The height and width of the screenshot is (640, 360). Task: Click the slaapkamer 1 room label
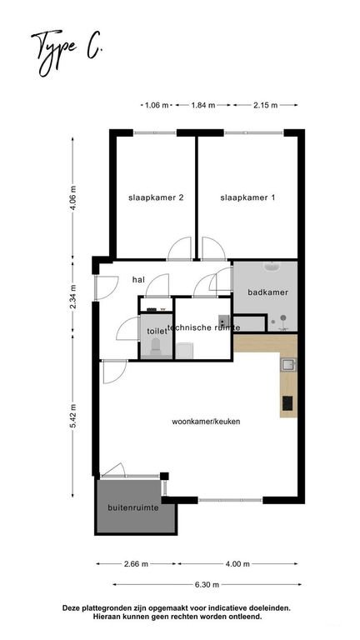tap(247, 198)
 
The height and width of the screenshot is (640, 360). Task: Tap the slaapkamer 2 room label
tap(156, 198)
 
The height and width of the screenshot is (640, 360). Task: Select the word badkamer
tap(268, 292)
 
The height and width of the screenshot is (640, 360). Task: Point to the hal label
tap(139, 280)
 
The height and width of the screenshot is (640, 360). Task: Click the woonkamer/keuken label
tap(206, 422)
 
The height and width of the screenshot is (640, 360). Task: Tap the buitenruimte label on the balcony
tap(133, 508)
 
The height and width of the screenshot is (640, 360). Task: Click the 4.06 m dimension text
tap(73, 198)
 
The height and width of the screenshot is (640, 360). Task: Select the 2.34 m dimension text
tap(73, 298)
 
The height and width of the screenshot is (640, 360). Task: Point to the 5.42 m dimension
tap(73, 416)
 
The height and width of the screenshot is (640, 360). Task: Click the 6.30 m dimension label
tap(207, 585)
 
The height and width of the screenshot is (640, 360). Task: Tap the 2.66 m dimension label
tap(136, 564)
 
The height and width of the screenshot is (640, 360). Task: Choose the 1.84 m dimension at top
tap(203, 105)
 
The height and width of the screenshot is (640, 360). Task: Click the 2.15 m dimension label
tap(265, 105)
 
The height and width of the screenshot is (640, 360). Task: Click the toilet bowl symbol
tap(156, 347)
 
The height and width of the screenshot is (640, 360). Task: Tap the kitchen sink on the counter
tap(288, 364)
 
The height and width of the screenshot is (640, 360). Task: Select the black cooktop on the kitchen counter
tap(287, 403)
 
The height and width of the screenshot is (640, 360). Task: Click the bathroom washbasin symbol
tap(271, 267)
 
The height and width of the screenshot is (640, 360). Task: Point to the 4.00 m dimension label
tap(237, 564)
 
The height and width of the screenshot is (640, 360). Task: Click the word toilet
tap(154, 332)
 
